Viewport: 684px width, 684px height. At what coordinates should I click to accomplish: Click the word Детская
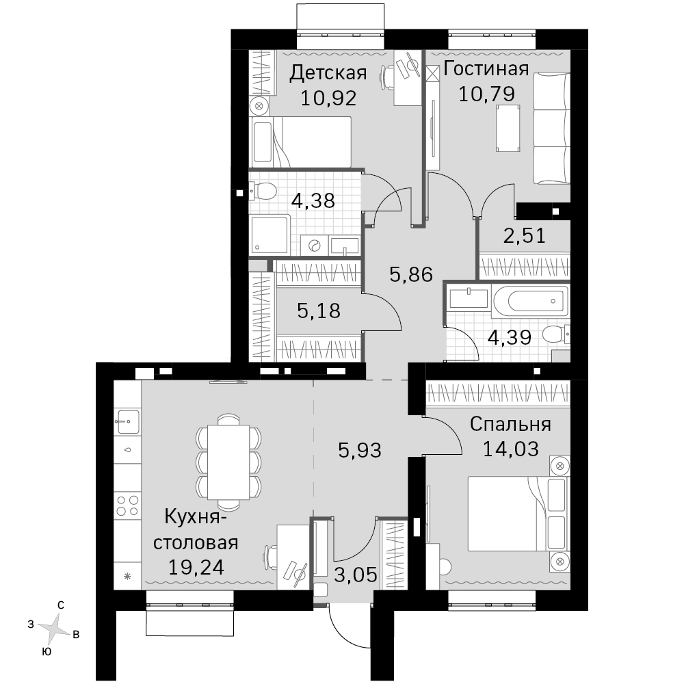(328, 73)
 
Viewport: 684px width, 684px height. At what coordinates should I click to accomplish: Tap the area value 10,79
(486, 94)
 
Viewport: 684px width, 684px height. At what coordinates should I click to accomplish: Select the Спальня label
(510, 424)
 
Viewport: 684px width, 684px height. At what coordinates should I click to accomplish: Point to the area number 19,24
(196, 567)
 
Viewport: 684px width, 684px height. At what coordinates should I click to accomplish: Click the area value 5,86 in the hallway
(411, 275)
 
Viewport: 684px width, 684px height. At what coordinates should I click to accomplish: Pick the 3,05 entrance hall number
(356, 575)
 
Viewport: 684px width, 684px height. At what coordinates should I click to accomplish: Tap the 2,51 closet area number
(525, 236)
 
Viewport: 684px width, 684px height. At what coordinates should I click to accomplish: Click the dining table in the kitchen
(228, 462)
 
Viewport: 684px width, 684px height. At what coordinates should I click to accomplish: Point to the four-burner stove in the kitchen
(127, 505)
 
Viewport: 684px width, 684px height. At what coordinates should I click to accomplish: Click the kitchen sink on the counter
(127, 421)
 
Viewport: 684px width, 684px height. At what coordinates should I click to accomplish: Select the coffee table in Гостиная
(508, 129)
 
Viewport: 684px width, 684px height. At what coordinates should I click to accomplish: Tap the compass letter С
(61, 605)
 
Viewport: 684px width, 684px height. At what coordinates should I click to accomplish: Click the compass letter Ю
(46, 652)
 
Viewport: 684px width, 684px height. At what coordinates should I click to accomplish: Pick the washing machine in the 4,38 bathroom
(314, 245)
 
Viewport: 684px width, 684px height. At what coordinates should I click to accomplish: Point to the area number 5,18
(319, 311)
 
